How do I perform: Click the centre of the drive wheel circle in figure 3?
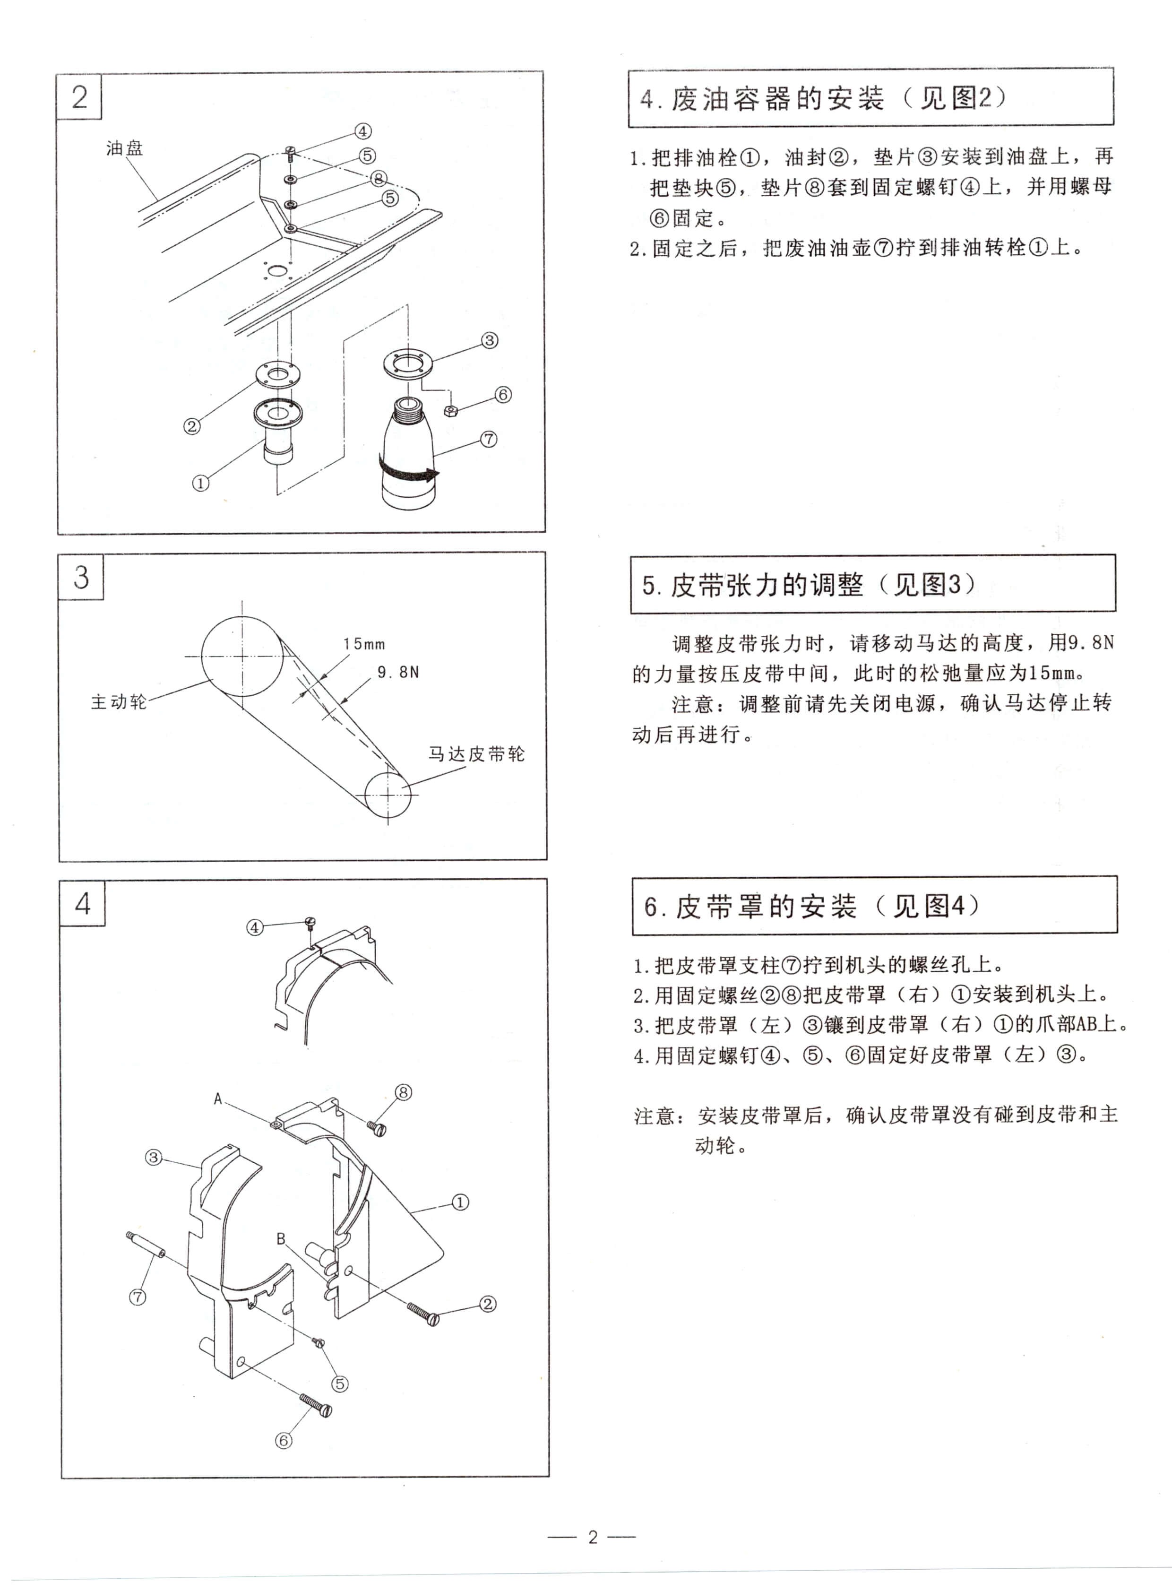point(242,657)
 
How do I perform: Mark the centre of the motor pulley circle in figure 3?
point(388,794)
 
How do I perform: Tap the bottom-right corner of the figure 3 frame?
point(547,861)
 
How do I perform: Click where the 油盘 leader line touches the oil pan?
point(157,200)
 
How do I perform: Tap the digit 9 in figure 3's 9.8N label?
point(382,672)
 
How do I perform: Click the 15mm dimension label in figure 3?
point(364,644)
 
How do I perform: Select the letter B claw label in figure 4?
point(281,1239)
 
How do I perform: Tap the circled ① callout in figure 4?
point(460,1202)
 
